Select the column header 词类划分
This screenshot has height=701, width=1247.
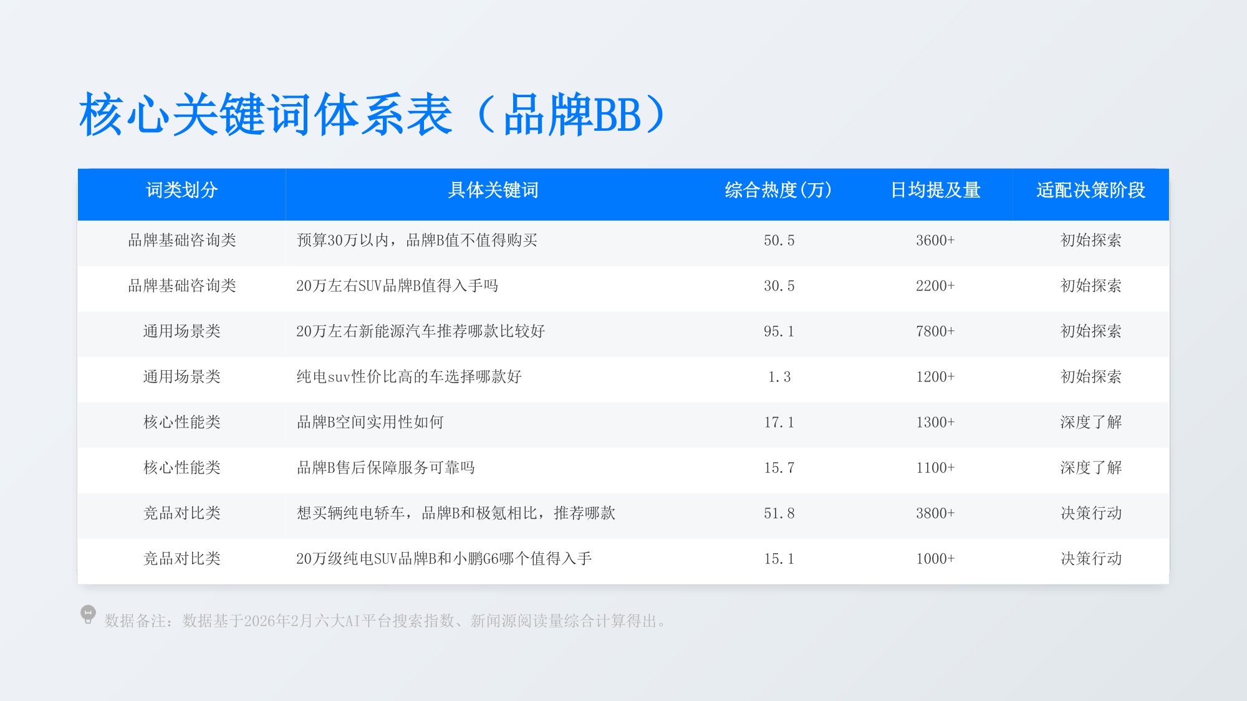(x=181, y=190)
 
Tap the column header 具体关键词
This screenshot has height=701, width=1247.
(x=493, y=190)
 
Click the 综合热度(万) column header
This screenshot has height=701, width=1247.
(x=779, y=190)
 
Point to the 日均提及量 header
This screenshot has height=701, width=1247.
(x=935, y=190)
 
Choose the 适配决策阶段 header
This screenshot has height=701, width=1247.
(x=1091, y=190)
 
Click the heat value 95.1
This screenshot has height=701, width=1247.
(x=779, y=331)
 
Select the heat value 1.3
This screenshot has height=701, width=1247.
(x=779, y=377)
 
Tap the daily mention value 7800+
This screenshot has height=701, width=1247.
(x=935, y=331)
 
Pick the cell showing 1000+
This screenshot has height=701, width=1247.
(x=935, y=559)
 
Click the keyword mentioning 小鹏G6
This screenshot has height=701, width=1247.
(x=443, y=559)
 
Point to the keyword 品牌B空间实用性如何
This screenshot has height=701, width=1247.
(x=370, y=422)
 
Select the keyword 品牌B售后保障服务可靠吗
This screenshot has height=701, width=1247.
(x=385, y=468)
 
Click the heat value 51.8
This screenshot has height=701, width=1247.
(x=779, y=513)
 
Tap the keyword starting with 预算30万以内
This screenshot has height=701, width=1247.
(x=416, y=241)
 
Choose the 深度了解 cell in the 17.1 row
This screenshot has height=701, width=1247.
(x=1091, y=422)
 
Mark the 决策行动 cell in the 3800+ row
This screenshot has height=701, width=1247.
(x=1091, y=513)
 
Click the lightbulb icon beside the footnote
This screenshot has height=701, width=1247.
(x=88, y=614)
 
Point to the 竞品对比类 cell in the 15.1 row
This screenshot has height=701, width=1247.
(x=181, y=559)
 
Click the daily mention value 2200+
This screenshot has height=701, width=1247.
(x=935, y=286)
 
